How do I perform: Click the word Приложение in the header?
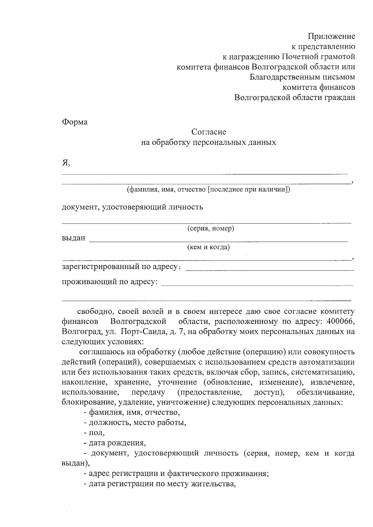(331, 37)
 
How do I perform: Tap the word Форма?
(75, 122)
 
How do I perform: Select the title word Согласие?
(209, 132)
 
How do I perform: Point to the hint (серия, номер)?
(210, 229)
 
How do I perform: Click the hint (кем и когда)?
(208, 247)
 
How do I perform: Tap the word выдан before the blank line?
(73, 239)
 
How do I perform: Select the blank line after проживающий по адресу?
(258, 284)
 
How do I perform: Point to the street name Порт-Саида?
(143, 331)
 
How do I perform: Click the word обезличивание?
(325, 393)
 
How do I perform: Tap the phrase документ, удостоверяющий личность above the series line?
(132, 207)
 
